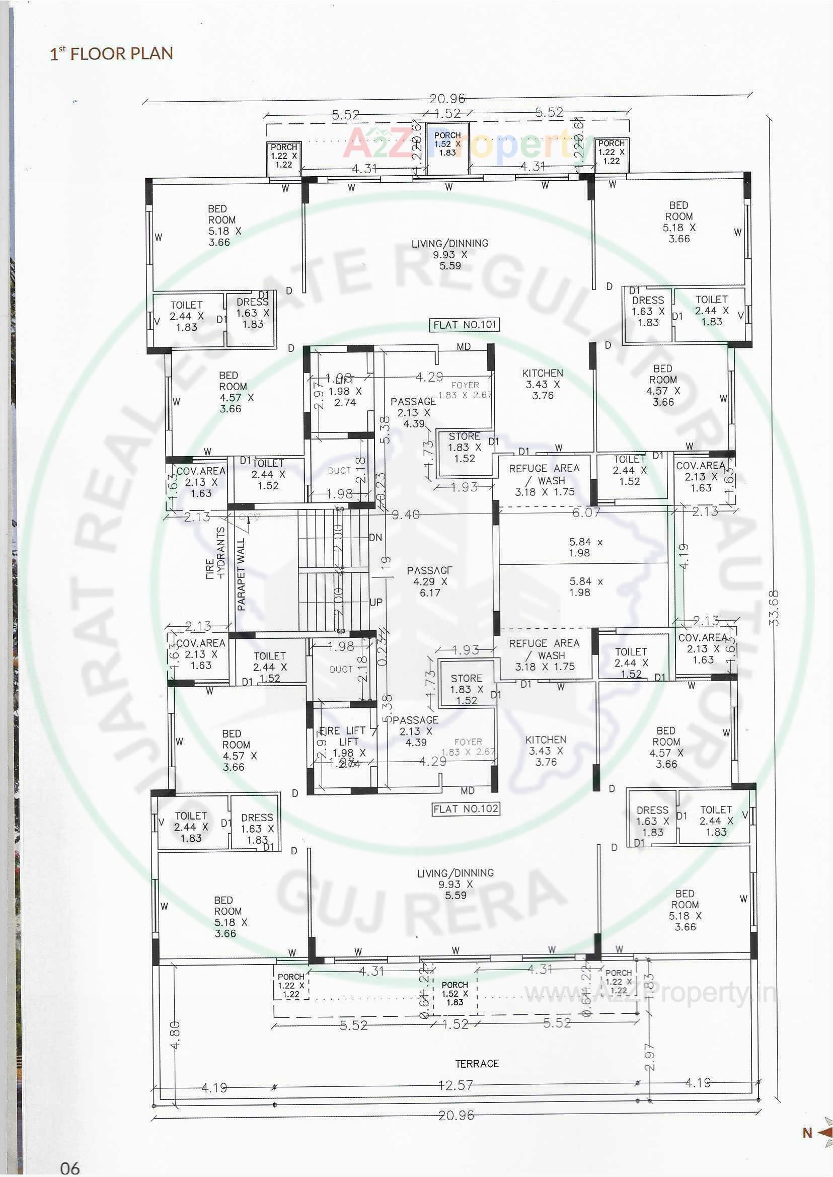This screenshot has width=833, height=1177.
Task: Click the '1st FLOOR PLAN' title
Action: click(x=111, y=53)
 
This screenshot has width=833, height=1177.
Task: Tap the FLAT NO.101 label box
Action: click(x=464, y=325)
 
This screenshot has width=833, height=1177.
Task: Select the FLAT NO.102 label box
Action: click(x=466, y=809)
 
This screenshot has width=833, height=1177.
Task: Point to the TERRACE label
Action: click(x=477, y=1064)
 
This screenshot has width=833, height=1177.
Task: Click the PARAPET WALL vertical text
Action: click(x=242, y=574)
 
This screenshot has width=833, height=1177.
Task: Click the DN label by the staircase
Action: click(x=375, y=537)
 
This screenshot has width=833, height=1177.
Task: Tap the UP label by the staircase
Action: click(x=376, y=602)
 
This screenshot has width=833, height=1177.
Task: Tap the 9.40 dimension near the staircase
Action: click(x=406, y=514)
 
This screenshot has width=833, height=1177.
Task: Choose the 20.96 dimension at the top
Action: click(x=447, y=98)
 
